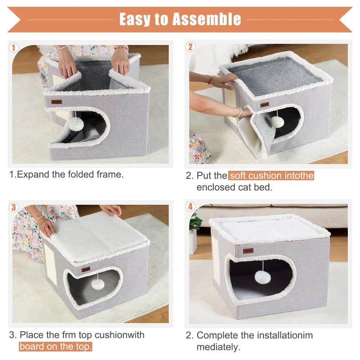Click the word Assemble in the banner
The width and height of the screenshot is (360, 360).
207,19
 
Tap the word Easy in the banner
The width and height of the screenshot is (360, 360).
135,20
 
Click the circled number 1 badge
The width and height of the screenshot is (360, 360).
13,48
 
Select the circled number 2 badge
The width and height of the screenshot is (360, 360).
190,47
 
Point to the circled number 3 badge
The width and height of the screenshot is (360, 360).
13,207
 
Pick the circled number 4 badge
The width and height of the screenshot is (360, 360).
190,207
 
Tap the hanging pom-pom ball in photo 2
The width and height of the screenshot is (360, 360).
277,121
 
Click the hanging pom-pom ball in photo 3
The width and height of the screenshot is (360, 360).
98,284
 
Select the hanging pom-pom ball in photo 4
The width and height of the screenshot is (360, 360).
262,277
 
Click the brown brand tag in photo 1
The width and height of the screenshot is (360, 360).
57,102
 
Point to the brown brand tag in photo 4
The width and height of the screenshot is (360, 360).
248,251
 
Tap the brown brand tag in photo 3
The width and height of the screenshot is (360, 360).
86,269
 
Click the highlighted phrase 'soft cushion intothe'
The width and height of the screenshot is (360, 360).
271,175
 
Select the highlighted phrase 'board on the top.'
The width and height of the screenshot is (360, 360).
55,346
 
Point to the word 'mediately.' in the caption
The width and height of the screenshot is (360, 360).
218,347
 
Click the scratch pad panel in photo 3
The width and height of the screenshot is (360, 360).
50,265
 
